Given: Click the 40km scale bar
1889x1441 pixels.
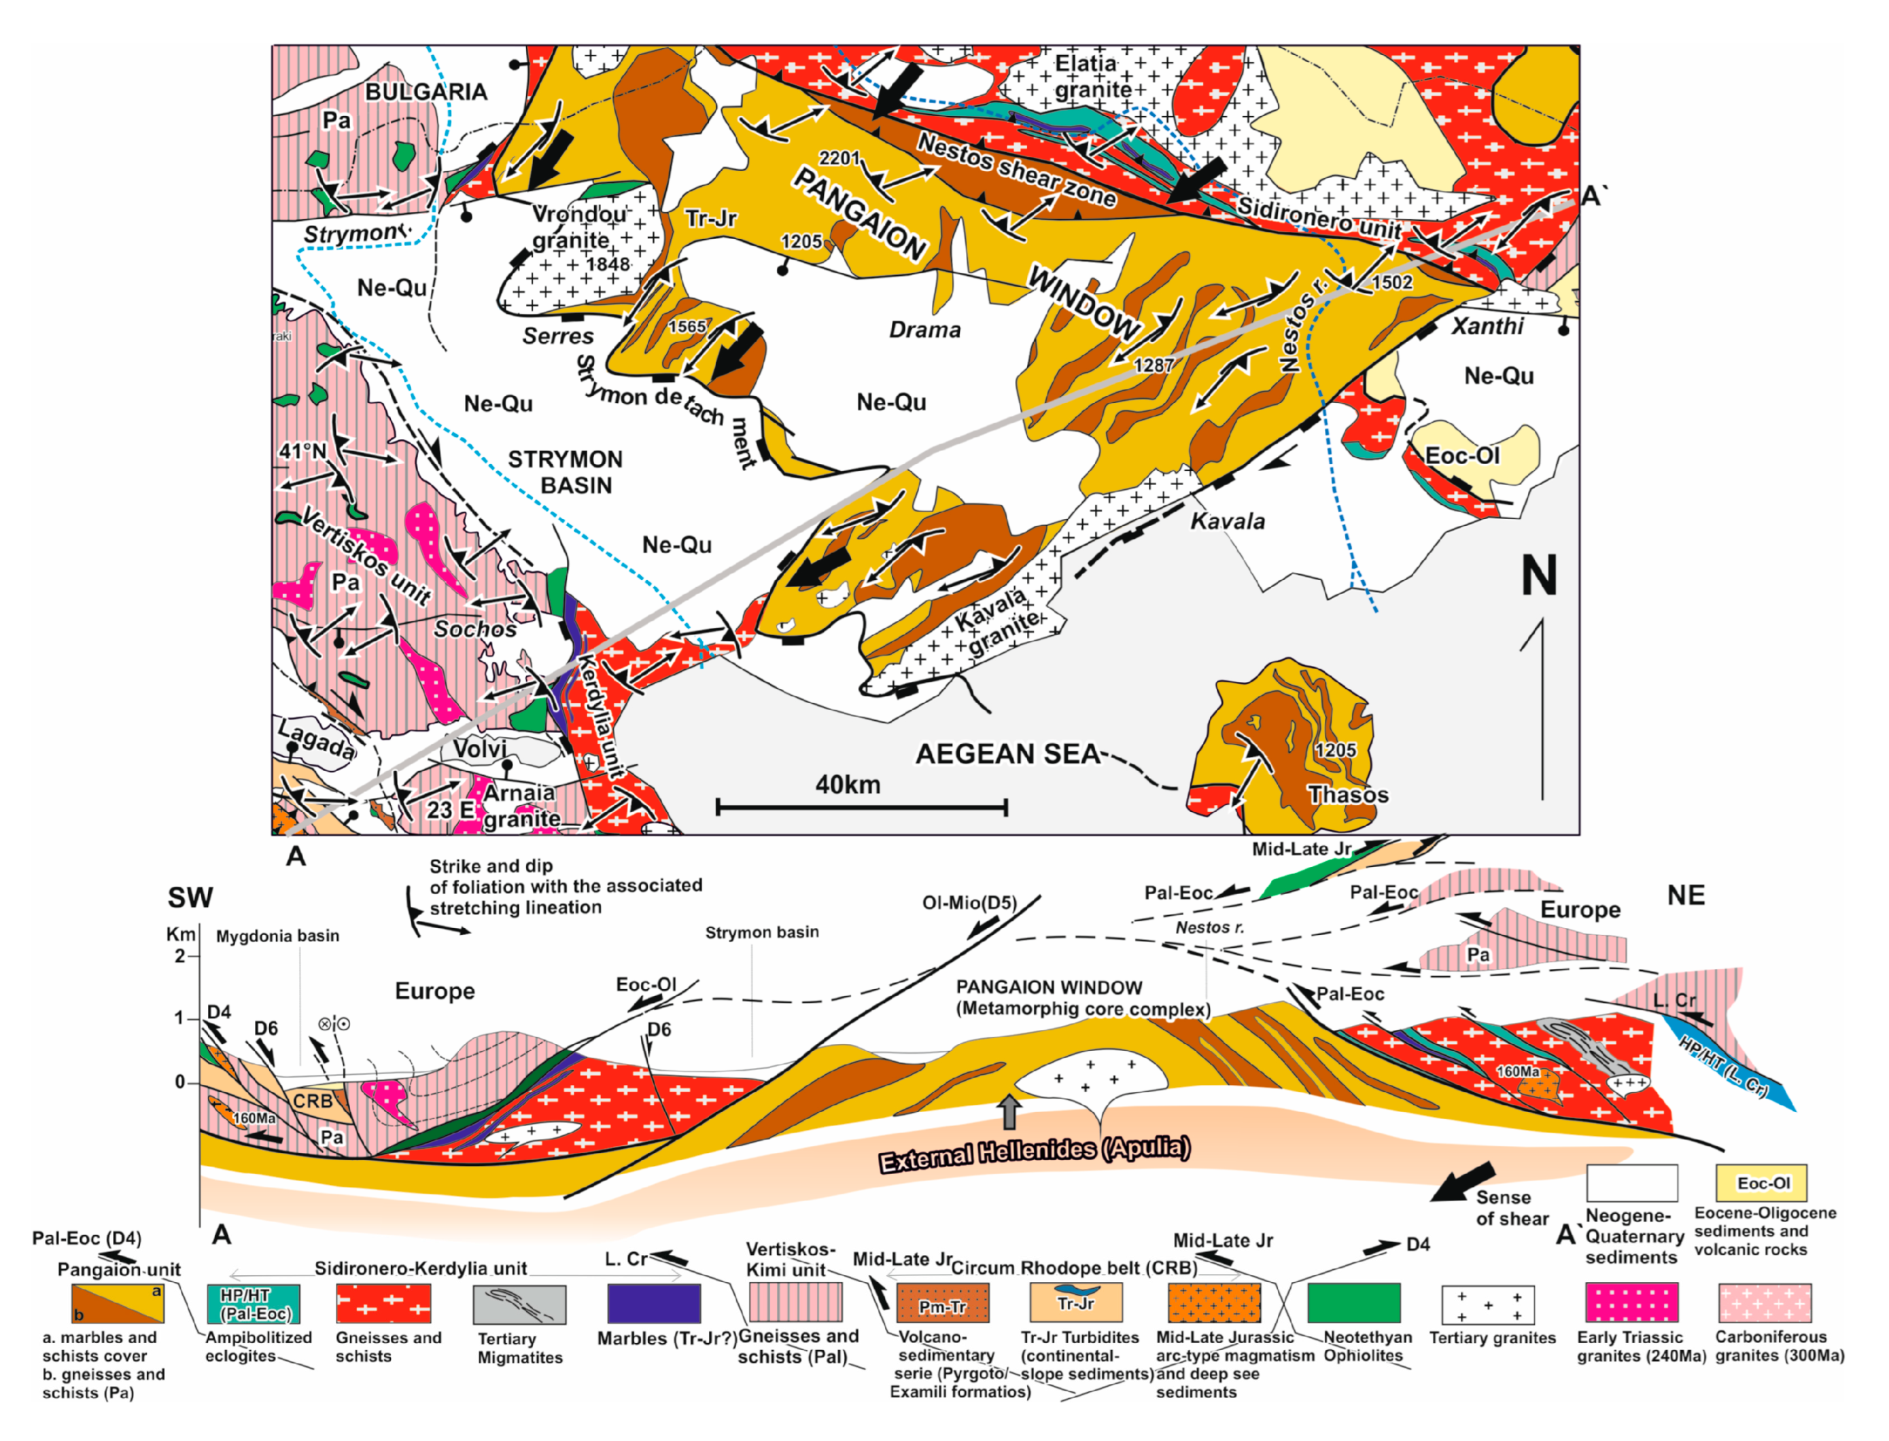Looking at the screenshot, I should [x=860, y=806].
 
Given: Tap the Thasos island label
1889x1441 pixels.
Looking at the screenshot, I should [x=1347, y=794].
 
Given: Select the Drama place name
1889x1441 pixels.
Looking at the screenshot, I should [x=924, y=330].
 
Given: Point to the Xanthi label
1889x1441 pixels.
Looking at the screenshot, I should [x=1487, y=326].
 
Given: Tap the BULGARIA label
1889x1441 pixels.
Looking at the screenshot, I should [x=426, y=92].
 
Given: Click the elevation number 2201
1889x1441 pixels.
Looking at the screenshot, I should [x=839, y=158].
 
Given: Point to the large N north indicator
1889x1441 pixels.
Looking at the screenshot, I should [x=1537, y=575].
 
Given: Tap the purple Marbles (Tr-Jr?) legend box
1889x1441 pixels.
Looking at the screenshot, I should [x=653, y=1303].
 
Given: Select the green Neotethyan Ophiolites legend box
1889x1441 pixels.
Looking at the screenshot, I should [x=1353, y=1303].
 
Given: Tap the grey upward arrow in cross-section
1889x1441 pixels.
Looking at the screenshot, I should [x=1010, y=1111].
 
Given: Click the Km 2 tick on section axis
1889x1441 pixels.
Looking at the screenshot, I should [x=181, y=955].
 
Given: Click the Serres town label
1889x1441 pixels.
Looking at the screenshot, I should [x=558, y=336].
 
